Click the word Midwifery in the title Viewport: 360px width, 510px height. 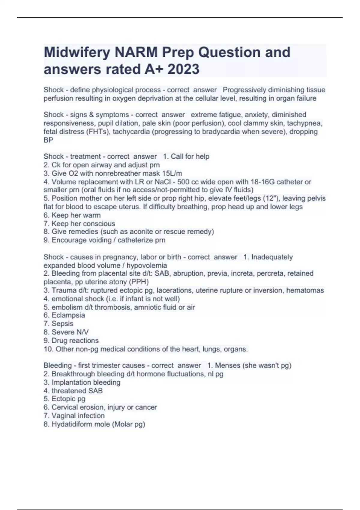pyautogui.click(x=77, y=52)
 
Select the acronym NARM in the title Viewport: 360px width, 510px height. pyautogui.click(x=136, y=52)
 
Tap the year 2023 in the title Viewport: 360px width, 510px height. pyautogui.click(x=183, y=69)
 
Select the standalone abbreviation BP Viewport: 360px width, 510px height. pyautogui.click(x=48, y=140)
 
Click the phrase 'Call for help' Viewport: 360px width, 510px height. pyautogui.click(x=190, y=157)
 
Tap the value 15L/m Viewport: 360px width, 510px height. pyautogui.click(x=171, y=173)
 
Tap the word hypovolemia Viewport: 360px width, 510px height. pyautogui.click(x=147, y=265)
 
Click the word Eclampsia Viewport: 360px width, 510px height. pyautogui.click(x=68, y=315)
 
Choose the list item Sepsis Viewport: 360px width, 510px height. pyautogui.click(x=62, y=324)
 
